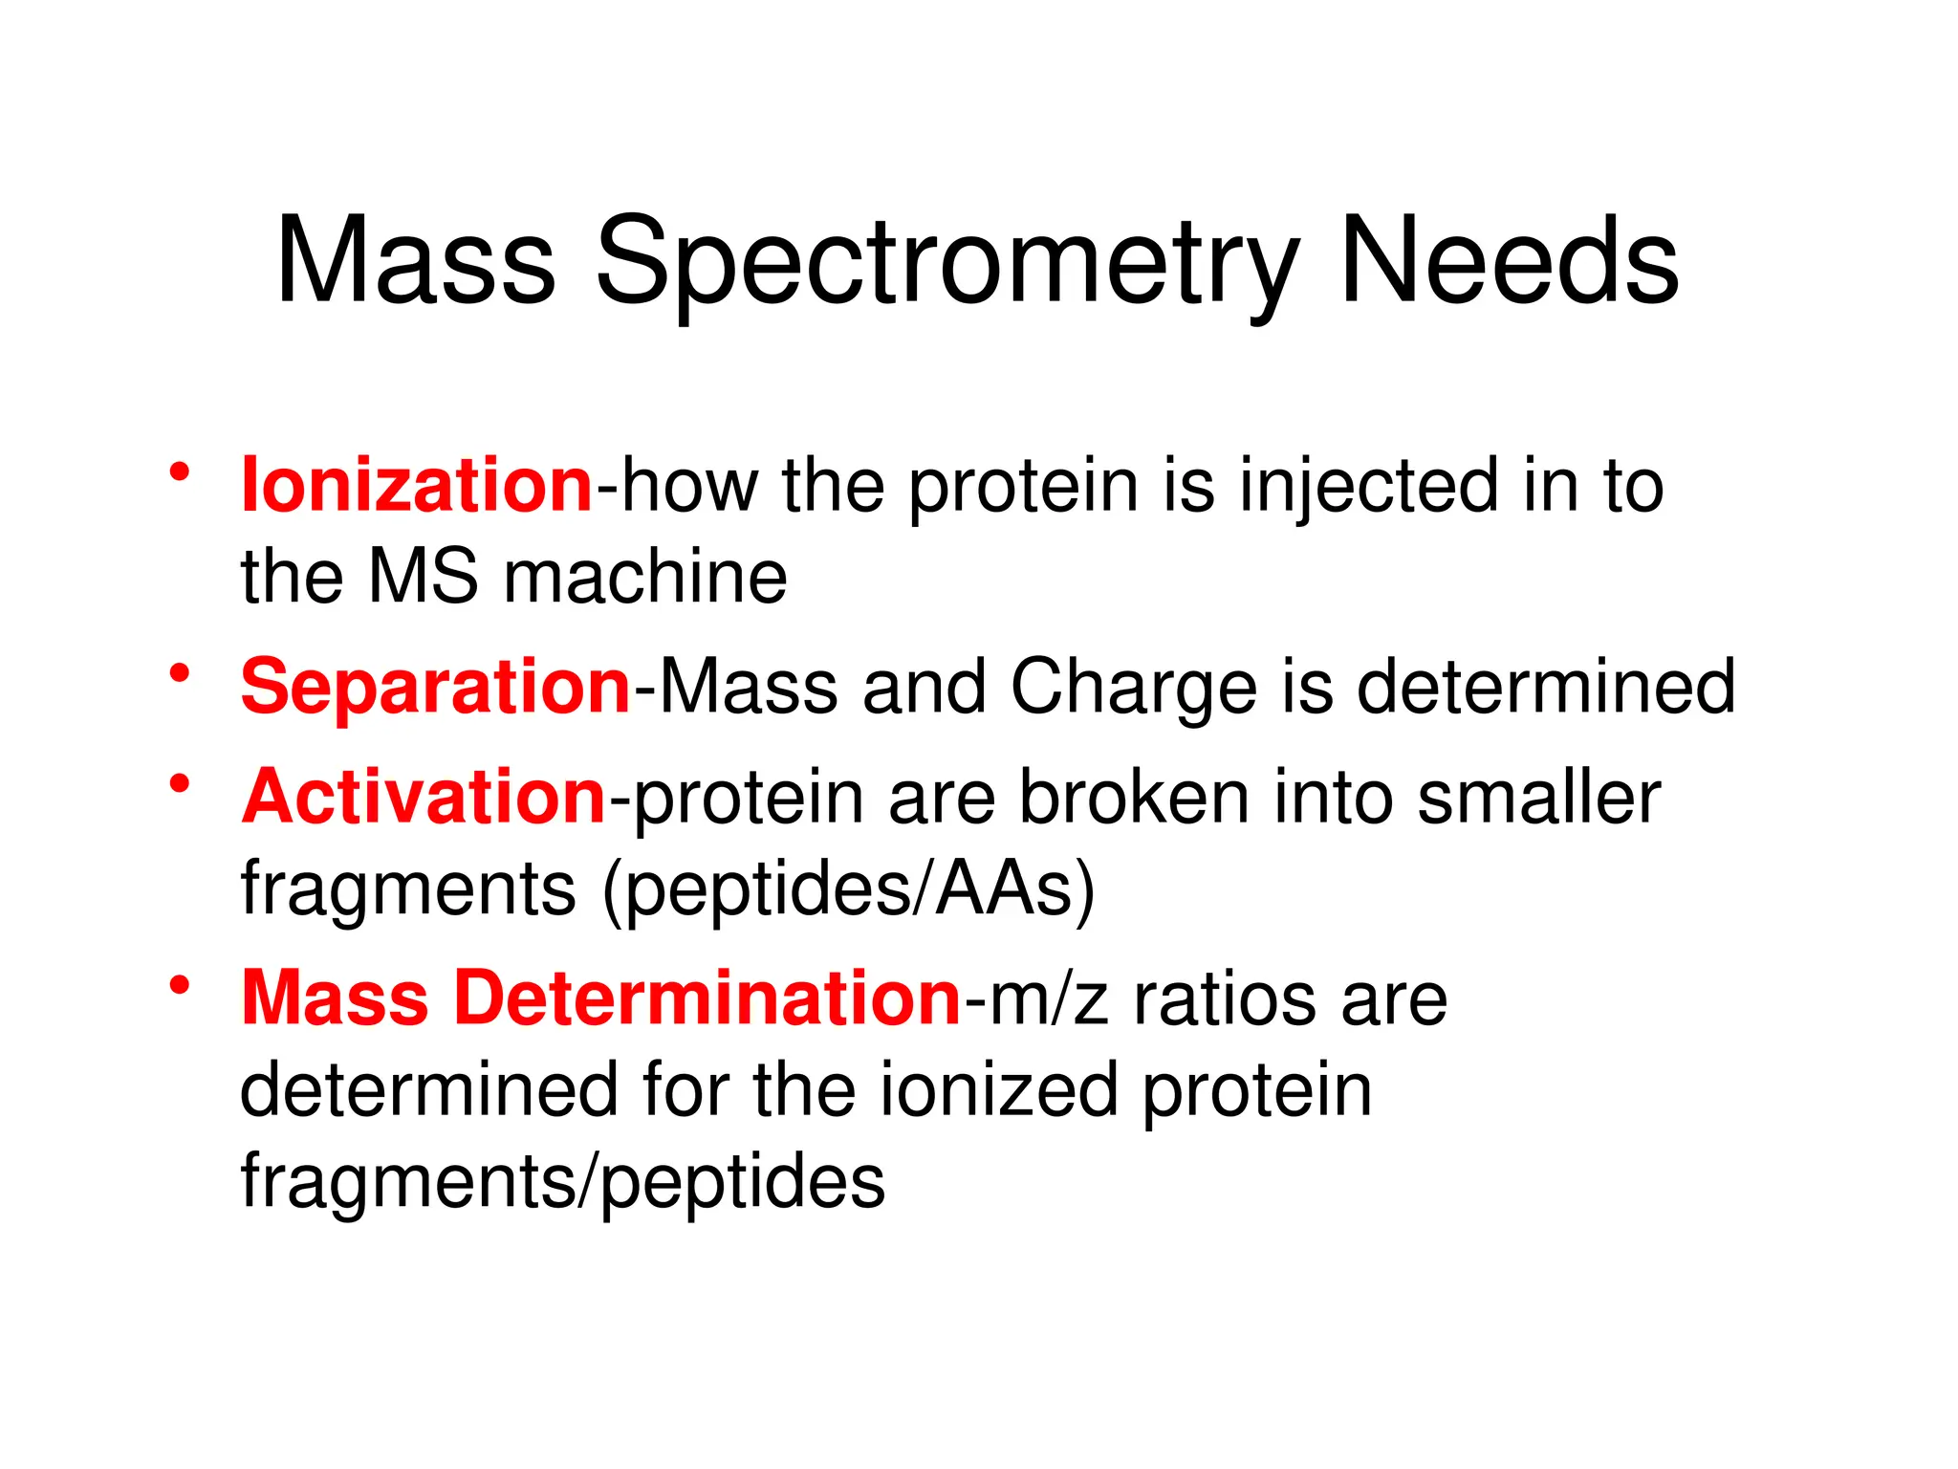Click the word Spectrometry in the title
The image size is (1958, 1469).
(x=946, y=263)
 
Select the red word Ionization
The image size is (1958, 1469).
(x=417, y=485)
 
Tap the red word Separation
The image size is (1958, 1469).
(x=435, y=687)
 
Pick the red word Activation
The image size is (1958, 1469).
(x=424, y=797)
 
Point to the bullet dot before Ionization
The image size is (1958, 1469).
(x=180, y=471)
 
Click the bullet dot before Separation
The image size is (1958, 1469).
(x=180, y=673)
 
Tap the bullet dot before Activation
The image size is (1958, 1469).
(x=180, y=783)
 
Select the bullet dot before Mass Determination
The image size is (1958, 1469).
(x=180, y=985)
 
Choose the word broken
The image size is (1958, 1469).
(x=1134, y=797)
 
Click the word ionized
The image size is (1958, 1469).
(x=998, y=1090)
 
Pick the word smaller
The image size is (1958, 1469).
(x=1538, y=797)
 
